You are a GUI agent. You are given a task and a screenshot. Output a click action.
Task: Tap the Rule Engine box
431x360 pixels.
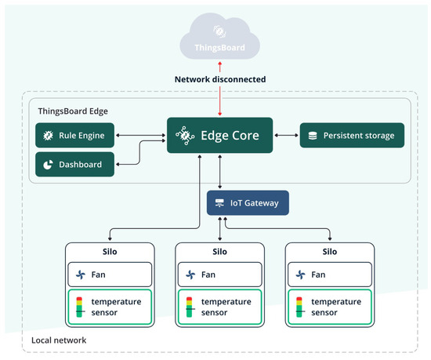(x=75, y=136)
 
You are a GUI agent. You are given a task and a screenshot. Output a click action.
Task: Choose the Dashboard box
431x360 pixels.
(x=75, y=165)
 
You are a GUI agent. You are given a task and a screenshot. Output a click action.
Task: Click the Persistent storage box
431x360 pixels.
(x=352, y=135)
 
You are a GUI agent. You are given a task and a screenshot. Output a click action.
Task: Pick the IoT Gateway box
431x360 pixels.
(x=248, y=203)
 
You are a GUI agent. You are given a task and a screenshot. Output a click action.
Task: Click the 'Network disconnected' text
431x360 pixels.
(x=219, y=80)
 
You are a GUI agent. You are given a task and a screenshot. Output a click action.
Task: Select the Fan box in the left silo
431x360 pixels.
(x=107, y=275)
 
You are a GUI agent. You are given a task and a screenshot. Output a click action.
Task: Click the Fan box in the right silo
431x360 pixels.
(x=328, y=275)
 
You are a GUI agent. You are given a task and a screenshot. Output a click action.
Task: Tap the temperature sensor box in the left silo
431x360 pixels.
(x=107, y=307)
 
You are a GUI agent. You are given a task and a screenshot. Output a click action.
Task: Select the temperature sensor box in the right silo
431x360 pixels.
(x=328, y=307)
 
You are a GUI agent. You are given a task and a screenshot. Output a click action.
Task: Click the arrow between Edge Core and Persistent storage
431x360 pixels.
(x=286, y=135)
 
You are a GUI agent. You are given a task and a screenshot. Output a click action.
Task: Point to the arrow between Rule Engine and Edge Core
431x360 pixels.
(x=141, y=135)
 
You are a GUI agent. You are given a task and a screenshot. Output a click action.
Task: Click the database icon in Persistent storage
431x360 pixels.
(x=313, y=136)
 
